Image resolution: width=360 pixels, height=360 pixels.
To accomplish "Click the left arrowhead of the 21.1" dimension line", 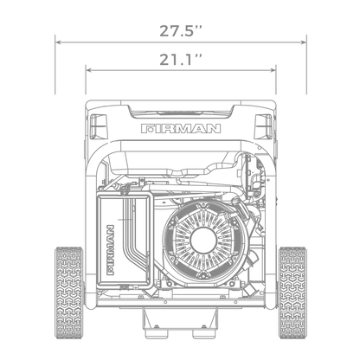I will pos(87,69).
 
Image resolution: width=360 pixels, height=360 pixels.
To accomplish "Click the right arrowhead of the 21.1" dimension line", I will pos(275,69).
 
